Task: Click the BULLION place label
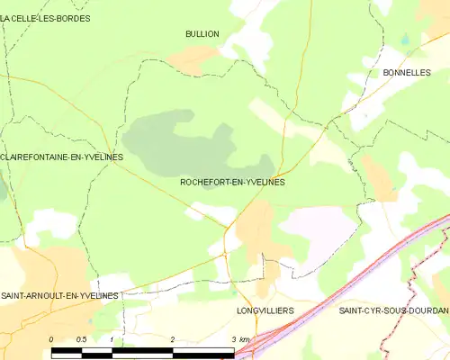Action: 202,33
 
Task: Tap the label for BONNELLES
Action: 407,72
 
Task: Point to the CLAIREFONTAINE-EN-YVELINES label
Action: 62,157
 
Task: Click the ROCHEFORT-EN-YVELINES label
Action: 232,182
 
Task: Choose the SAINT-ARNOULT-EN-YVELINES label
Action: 59,295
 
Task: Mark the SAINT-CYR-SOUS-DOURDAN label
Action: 393,310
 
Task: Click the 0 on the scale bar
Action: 51,339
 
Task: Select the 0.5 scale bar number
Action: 81,339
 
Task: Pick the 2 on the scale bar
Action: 171,339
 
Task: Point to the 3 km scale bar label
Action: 238,339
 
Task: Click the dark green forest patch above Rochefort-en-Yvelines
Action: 180,139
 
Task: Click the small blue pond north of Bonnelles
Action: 404,40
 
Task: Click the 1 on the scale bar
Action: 111,339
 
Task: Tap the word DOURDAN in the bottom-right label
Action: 425,310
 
